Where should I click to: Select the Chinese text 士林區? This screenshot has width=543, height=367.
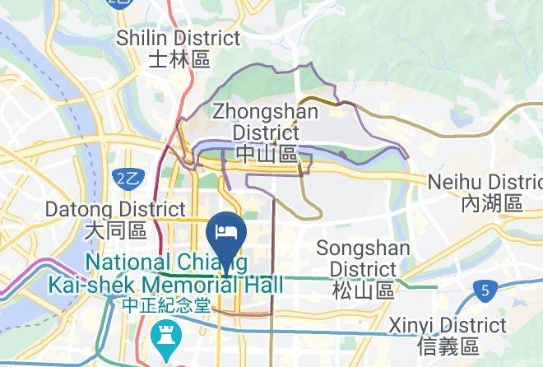tap(179, 59)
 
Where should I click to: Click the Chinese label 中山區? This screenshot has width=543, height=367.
tap(266, 154)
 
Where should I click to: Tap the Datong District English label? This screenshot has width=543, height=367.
tap(115, 210)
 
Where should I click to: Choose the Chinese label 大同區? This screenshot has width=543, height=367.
tap(115, 231)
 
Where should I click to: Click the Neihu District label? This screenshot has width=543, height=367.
tap(486, 182)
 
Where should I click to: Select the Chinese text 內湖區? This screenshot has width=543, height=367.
tap(492, 203)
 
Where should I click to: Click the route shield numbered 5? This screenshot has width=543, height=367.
tap(487, 290)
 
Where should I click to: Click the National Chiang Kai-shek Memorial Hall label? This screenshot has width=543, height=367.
tap(185, 273)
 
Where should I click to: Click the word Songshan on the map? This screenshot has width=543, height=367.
tap(360, 248)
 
